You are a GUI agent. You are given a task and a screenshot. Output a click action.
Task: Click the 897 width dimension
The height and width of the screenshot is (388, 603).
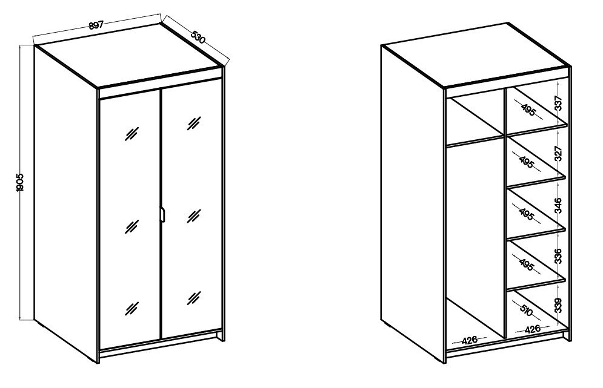click(96, 25)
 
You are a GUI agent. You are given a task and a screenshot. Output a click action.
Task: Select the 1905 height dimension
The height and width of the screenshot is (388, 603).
click(21, 182)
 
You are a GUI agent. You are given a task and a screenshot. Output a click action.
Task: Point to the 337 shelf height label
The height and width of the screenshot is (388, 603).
click(559, 103)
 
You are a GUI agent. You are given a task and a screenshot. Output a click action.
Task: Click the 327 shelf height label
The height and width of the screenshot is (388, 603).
click(559, 153)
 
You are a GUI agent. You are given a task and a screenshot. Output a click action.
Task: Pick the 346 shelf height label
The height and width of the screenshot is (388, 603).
click(559, 205)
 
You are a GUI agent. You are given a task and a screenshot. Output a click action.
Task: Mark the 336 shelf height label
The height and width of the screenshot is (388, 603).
click(559, 256)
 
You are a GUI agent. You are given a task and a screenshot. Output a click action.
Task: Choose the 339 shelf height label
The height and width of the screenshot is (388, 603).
click(559, 305)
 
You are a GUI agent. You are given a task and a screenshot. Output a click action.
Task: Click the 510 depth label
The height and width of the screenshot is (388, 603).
click(526, 310)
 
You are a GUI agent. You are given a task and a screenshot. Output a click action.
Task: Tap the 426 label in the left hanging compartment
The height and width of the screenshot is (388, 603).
click(470, 340)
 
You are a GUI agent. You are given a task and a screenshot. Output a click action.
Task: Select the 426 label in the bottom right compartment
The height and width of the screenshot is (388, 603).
click(533, 329)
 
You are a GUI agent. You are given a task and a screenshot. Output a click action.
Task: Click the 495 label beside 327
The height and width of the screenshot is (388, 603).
click(527, 162)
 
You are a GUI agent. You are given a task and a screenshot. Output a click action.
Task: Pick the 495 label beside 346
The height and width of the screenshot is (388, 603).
click(527, 214)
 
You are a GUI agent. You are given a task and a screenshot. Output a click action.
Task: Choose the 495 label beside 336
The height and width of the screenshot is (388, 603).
click(527, 265)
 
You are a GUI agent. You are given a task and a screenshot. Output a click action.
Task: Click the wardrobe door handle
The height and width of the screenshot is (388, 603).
click(162, 214)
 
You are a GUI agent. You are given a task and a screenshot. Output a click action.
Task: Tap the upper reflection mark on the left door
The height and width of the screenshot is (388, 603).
click(132, 134)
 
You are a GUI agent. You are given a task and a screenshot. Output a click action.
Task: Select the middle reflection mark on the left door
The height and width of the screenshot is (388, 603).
click(132, 226)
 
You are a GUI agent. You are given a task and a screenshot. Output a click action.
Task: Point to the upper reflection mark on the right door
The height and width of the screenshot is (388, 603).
click(194, 123)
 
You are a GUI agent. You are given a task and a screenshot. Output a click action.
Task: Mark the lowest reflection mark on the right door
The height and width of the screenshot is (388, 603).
click(194, 298)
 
